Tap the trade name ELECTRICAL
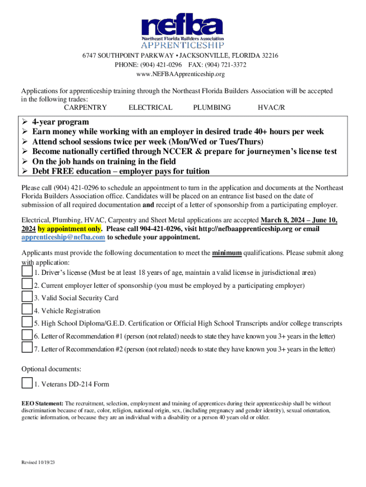[150, 107]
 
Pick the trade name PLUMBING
[212, 107]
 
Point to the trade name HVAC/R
[271, 107]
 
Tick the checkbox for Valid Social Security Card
[27, 297]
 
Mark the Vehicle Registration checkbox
[27, 310]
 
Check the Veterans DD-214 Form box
[27, 383]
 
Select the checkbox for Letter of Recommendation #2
[27, 348]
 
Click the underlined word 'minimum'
[227, 253]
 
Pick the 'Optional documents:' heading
[51, 369]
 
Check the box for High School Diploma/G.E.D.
[27, 322]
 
